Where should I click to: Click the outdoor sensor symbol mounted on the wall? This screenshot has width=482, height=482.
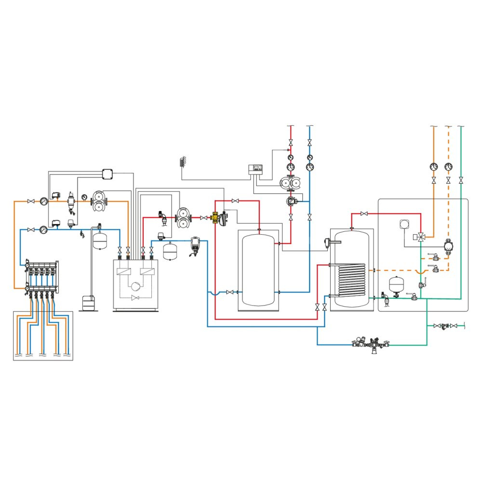coord(182,162)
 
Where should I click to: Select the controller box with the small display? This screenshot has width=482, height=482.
coord(255,169)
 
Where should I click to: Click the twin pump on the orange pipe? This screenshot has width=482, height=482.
coord(99,201)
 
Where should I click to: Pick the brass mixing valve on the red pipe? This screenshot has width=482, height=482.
coord(215,217)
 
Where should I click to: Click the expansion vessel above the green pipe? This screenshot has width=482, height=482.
coord(396,284)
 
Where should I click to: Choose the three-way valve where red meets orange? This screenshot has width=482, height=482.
coord(421,237)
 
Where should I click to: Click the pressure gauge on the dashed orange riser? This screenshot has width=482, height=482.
coord(449,167)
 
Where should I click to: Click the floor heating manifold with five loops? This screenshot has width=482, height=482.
coord(42,276)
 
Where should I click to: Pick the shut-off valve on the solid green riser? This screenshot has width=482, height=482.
coord(461,180)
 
